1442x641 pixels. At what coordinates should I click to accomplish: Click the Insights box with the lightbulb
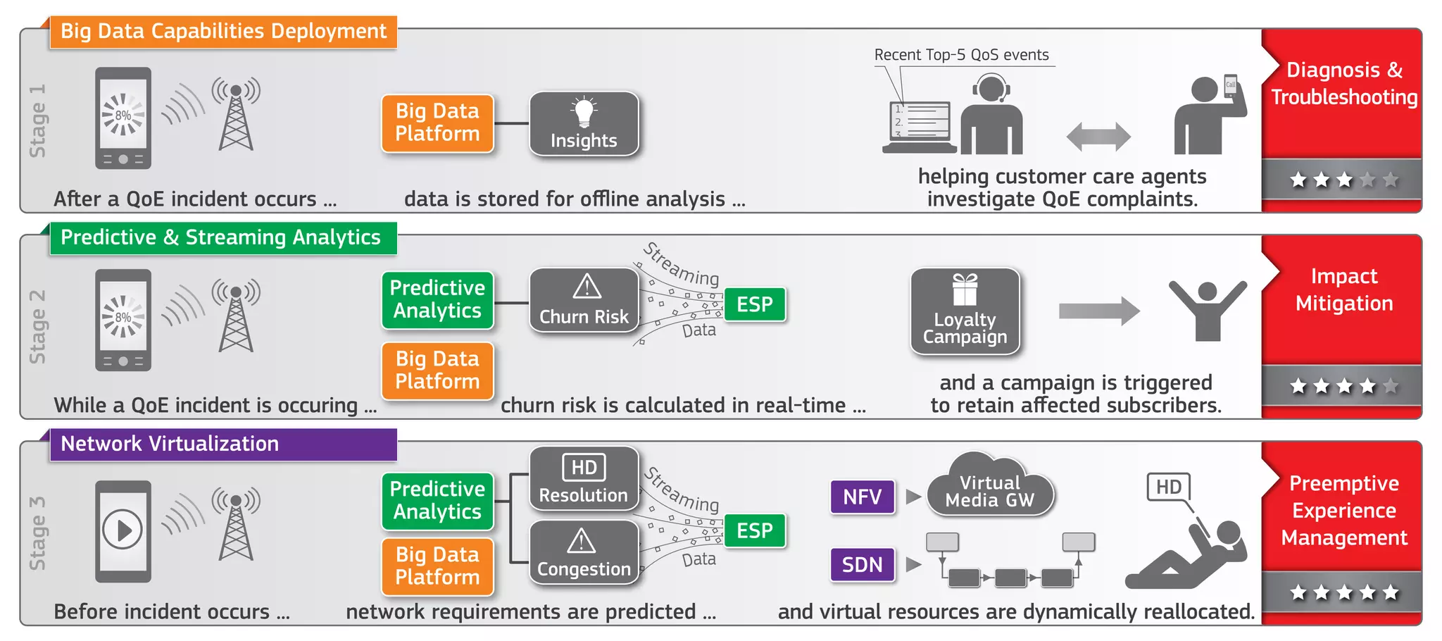tap(584, 124)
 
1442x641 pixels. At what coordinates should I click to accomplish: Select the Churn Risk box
tap(584, 300)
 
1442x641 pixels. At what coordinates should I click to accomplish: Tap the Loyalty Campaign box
tap(965, 311)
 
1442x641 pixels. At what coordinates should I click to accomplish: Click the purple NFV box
tap(863, 497)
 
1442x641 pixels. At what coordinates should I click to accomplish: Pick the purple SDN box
tap(863, 564)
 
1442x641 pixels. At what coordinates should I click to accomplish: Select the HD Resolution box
tap(584, 479)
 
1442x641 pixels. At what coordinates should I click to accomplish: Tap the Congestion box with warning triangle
tap(584, 553)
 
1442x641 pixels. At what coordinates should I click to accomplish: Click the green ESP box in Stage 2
tap(755, 304)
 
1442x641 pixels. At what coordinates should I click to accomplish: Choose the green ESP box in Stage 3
tap(755, 530)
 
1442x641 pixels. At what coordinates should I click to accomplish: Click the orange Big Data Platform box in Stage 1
tap(437, 123)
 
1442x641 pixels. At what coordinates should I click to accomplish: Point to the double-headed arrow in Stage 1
tap(1098, 137)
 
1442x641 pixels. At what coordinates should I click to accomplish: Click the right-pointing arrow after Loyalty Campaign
tap(1098, 311)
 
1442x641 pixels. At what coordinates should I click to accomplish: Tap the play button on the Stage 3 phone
tap(123, 530)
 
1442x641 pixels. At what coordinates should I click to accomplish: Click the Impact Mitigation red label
tap(1343, 290)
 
